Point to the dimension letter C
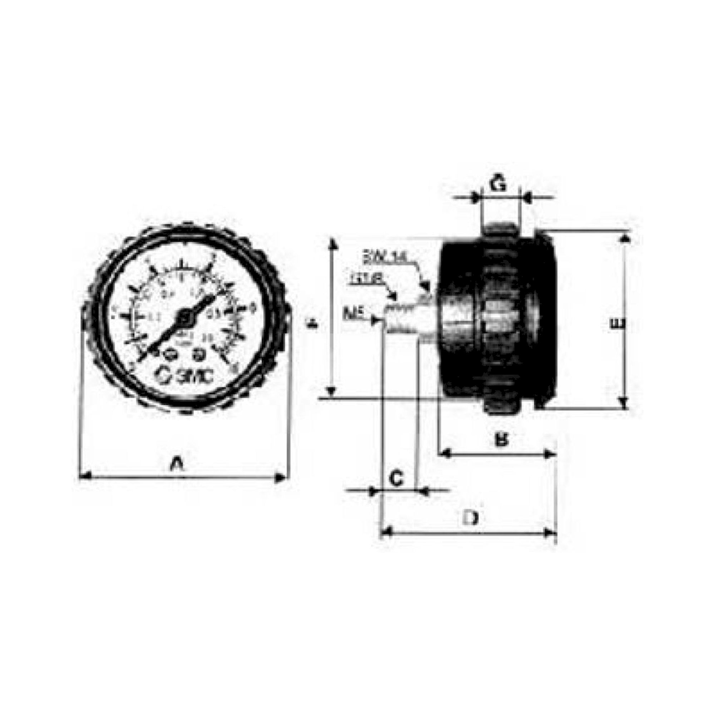(397, 479)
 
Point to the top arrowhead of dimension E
(625, 239)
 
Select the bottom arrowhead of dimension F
(332, 390)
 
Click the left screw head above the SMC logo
(168, 355)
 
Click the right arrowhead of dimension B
(550, 454)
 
